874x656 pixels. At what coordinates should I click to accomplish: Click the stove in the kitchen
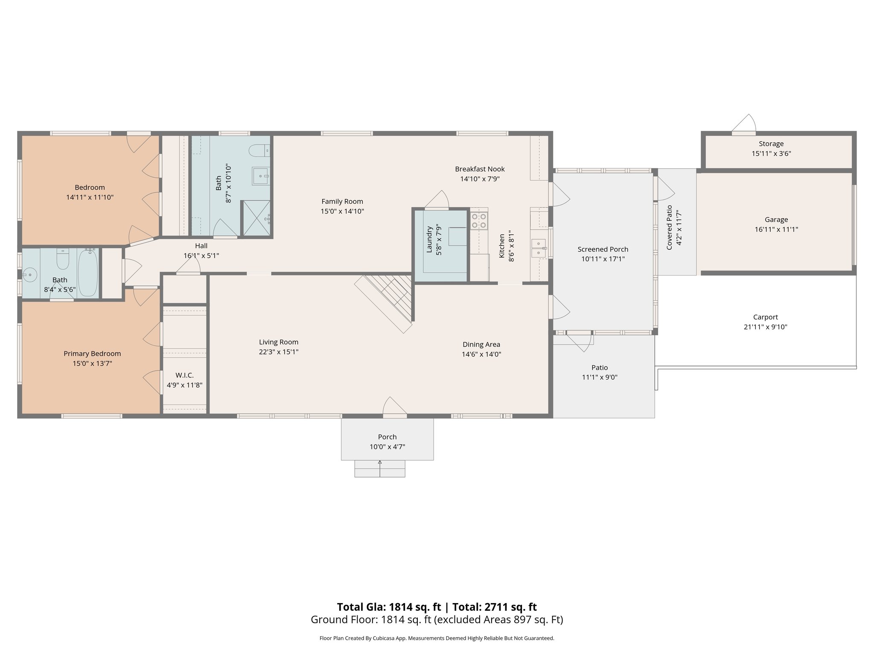click(479, 221)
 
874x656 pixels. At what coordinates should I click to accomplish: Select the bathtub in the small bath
click(88, 273)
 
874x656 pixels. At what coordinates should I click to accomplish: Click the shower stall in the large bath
click(256, 218)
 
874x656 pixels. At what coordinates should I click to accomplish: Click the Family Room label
click(342, 201)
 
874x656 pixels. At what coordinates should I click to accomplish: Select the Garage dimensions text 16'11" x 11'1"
click(776, 229)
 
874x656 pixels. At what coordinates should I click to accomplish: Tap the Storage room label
click(771, 144)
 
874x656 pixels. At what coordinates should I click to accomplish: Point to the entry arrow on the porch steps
click(380, 463)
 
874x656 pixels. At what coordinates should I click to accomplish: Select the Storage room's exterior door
click(743, 125)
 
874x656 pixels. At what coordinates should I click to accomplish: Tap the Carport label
click(765, 317)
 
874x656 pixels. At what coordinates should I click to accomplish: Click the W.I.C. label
click(184, 375)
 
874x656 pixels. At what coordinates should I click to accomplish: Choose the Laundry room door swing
click(437, 200)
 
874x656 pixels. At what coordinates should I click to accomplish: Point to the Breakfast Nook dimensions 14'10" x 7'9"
click(480, 179)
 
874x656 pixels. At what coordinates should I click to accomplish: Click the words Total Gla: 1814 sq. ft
click(389, 607)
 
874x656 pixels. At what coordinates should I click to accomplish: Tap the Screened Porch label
click(603, 249)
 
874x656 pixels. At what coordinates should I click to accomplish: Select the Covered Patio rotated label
click(669, 228)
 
